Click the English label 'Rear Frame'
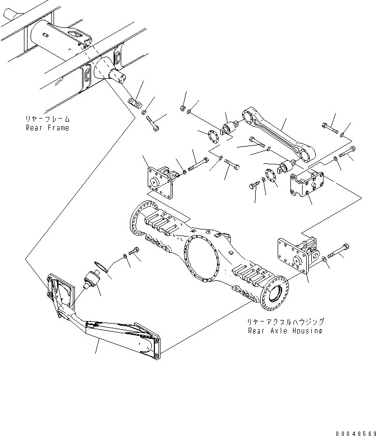pyautogui.click(x=48, y=128)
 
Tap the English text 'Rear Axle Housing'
pyautogui.click(x=285, y=331)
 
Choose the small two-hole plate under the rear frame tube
pyautogui.click(x=134, y=102)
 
